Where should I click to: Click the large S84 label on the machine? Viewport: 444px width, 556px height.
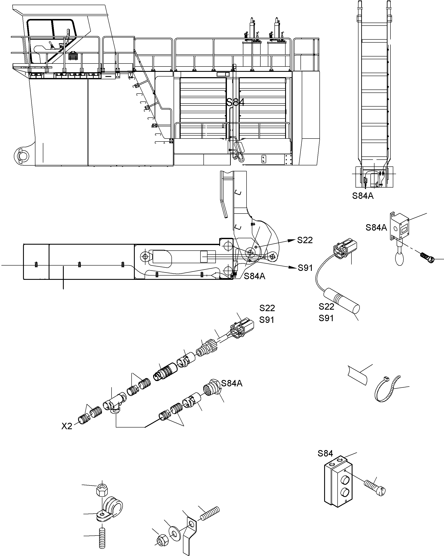point(235,102)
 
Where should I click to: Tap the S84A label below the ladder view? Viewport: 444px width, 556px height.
point(363,196)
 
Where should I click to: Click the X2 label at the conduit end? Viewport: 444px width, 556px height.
point(67,426)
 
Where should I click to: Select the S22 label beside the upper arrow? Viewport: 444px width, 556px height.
point(305,240)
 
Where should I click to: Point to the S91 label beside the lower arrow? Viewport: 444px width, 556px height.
point(305,268)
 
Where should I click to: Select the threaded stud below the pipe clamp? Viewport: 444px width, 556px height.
point(102,538)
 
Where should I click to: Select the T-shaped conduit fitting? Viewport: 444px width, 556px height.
point(114,403)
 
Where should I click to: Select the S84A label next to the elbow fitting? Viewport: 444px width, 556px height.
point(232,383)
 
